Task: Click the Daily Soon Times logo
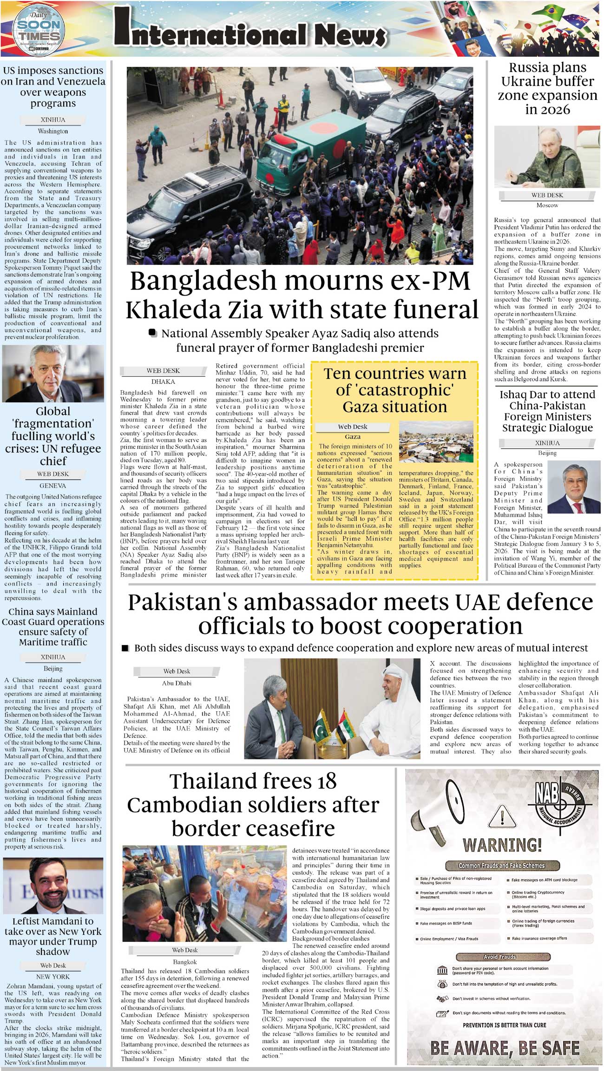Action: (x=39, y=30)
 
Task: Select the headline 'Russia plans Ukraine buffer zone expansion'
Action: (x=547, y=88)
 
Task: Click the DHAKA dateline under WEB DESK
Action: (x=163, y=381)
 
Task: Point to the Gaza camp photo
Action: (x=436, y=442)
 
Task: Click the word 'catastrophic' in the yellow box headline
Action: (x=395, y=390)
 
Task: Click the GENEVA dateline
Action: (x=53, y=486)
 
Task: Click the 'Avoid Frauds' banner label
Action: (x=499, y=957)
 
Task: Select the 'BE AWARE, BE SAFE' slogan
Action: (x=505, y=1048)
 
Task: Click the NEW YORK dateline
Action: (x=53, y=977)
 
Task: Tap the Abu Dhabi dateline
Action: (x=177, y=683)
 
